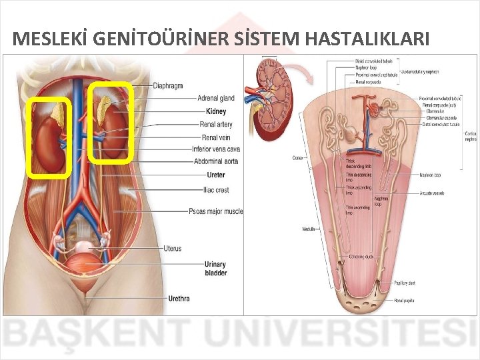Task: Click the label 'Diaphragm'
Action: pos(168,85)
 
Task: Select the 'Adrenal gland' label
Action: pos(216,98)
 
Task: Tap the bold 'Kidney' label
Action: pos(216,111)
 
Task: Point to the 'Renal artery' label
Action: pos(216,124)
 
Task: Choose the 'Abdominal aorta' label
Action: pos(216,161)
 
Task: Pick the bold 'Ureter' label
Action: pos(216,175)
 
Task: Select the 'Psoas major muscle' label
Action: pos(216,212)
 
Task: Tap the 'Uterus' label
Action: pos(172,249)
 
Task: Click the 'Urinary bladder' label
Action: pos(216,268)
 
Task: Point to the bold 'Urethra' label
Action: pos(179,298)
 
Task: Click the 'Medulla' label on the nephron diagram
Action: pos(309,229)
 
